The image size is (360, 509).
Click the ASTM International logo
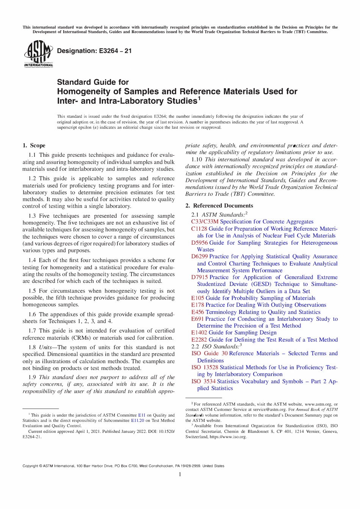(x=38, y=54)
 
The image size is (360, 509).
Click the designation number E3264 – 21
(x=94, y=51)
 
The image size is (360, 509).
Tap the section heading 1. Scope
(x=34, y=145)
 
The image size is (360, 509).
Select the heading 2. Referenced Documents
(x=219, y=206)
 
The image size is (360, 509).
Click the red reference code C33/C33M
(x=205, y=222)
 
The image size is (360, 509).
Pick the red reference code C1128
(x=199, y=229)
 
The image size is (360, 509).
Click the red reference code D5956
(x=199, y=243)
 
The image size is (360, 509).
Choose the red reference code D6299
(x=199, y=256)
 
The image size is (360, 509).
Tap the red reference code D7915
(x=199, y=277)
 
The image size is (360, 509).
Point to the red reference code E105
(x=197, y=298)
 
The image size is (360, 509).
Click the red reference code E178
(x=197, y=305)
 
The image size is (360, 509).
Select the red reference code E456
(x=197, y=312)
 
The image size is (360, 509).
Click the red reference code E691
(x=197, y=319)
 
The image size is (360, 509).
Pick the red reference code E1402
(x=199, y=333)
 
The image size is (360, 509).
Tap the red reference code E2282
(x=199, y=340)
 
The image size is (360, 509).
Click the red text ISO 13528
(x=205, y=367)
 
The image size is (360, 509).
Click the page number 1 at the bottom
(x=180, y=475)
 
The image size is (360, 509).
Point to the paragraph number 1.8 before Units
(x=32, y=347)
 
